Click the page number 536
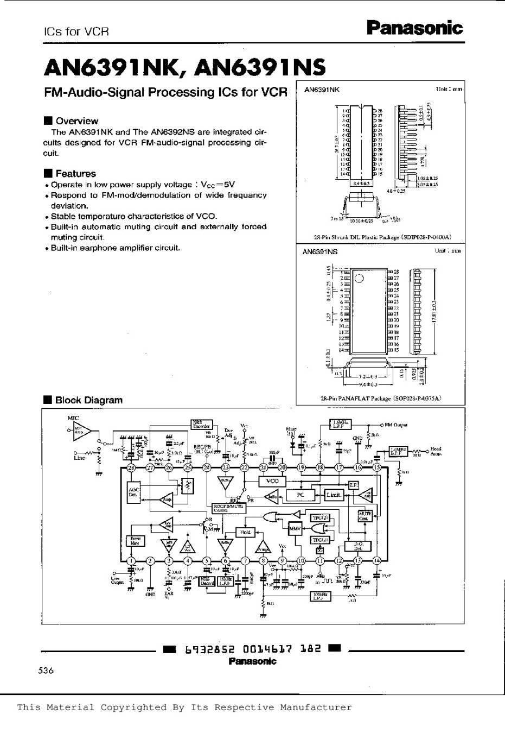[47, 671]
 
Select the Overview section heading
[76, 121]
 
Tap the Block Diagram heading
[88, 400]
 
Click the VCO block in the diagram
[272, 481]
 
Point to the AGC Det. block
[133, 492]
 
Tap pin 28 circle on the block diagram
[131, 467]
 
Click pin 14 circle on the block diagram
[376, 561]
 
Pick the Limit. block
[333, 495]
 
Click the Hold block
[245, 532]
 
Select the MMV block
[296, 528]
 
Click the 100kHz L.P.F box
[320, 596]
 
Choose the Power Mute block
[135, 540]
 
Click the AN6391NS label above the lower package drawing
[321, 252]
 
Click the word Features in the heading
[75, 174]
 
